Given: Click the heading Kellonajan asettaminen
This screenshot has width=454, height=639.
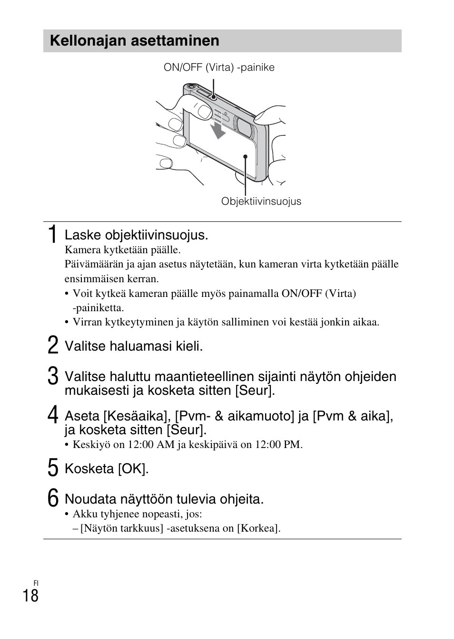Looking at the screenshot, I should click(x=135, y=41).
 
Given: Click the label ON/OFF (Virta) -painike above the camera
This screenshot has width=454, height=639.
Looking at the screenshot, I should click(x=219, y=67).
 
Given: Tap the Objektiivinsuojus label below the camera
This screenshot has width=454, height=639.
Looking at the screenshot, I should click(x=261, y=201).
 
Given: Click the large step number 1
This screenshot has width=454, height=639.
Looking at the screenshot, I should click(x=53, y=235).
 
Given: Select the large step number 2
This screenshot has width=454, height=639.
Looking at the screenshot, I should click(x=53, y=345).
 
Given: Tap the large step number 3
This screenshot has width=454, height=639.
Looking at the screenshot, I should click(x=53, y=376).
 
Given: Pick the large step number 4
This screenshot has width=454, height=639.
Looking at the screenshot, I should click(x=53, y=416).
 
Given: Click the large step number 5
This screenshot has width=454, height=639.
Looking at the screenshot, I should click(x=53, y=468).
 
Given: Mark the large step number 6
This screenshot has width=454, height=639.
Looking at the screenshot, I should click(x=53, y=498).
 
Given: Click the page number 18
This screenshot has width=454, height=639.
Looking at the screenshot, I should click(x=30, y=596).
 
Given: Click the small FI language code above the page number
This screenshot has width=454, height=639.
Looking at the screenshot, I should click(x=36, y=583).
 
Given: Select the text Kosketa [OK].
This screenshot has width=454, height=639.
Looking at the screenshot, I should click(x=107, y=469).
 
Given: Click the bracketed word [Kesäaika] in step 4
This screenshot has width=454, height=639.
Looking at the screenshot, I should click(x=137, y=416).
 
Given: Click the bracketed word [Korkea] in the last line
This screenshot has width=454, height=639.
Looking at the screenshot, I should click(x=257, y=528).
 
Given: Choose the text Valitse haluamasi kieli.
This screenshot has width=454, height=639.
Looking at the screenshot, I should click(x=134, y=346).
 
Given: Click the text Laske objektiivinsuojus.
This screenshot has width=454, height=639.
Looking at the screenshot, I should click(x=136, y=236).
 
